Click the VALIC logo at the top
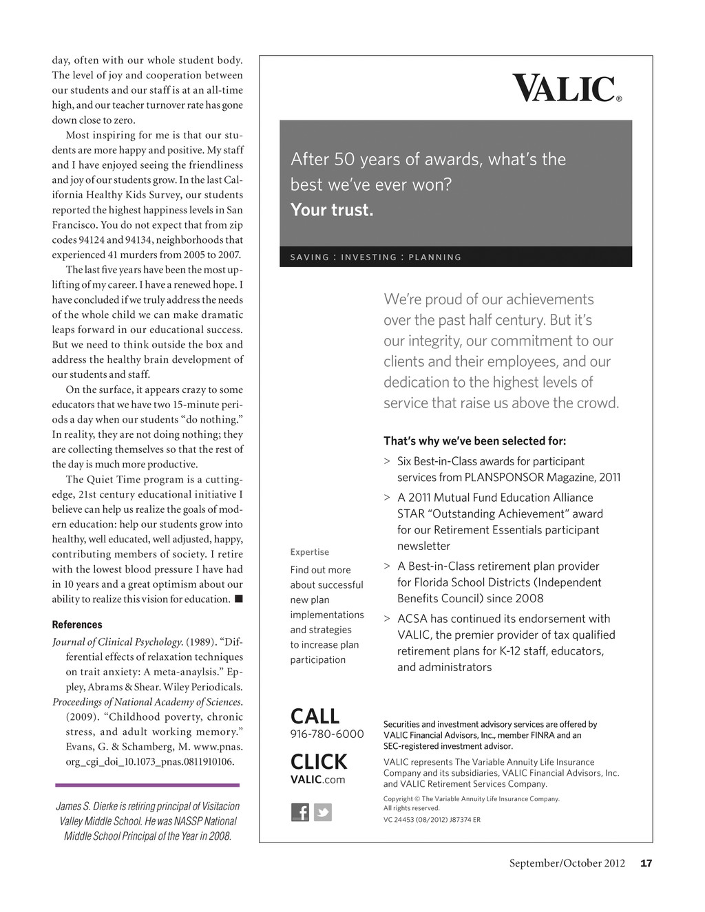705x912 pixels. coord(567,89)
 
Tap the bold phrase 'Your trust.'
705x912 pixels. coord(332,210)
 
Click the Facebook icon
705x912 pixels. coord(300,812)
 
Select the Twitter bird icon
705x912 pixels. coord(323,812)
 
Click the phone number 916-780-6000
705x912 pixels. coord(327,734)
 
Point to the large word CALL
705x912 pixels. coord(315,716)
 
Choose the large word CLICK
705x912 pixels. coord(319,761)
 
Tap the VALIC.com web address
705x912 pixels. coord(317,779)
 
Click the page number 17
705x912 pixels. coord(646,863)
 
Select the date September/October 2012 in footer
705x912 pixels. coord(567,863)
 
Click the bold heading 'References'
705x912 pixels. coord(77,624)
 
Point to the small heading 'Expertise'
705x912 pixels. coord(310,552)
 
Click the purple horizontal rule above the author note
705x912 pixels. coord(147,785)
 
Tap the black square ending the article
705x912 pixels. coord(238,599)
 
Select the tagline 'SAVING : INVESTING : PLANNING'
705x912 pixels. coord(376,257)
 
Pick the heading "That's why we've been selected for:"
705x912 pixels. coord(475,441)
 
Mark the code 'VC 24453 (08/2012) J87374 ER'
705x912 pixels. coord(432,820)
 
